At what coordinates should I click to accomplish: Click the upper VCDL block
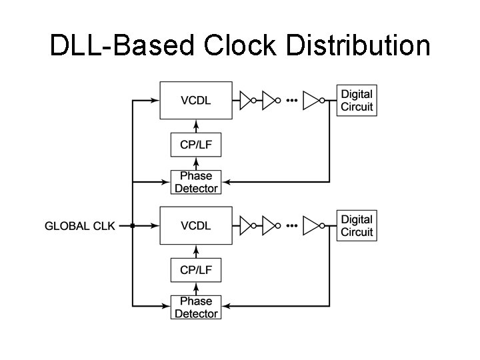pos(196,101)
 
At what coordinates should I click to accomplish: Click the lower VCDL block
pos(196,225)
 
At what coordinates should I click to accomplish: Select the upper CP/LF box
pos(196,145)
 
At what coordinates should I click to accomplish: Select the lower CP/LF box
pos(196,269)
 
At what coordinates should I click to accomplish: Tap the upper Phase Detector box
pos(196,182)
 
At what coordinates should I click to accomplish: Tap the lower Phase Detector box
pos(196,307)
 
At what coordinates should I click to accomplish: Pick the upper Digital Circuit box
pos(357,101)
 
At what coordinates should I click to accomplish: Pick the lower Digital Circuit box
pos(357,225)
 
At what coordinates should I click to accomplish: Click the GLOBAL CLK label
pos(79,226)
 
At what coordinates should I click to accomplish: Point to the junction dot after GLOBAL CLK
pos(133,226)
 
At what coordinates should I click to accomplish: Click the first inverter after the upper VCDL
pos(246,101)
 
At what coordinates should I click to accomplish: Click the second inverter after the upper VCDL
pos(269,101)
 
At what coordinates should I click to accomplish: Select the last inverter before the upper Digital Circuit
pos(311,101)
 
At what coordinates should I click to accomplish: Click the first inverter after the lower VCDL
pos(246,225)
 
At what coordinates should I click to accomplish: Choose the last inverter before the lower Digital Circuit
pos(311,225)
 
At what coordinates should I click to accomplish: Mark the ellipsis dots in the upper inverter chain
pos(291,101)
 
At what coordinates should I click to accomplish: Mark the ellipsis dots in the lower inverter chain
pos(291,225)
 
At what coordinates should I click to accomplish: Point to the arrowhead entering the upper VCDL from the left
pos(155,101)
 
